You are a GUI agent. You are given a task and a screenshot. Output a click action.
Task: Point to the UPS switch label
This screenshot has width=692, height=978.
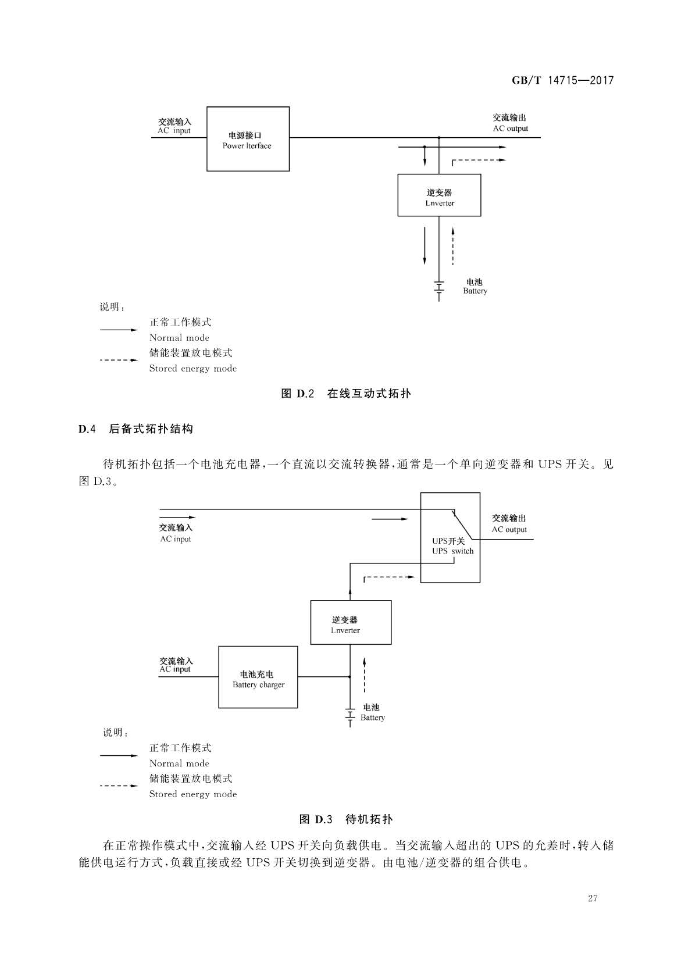point(453,546)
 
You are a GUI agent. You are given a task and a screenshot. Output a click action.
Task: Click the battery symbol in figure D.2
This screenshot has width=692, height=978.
point(439,291)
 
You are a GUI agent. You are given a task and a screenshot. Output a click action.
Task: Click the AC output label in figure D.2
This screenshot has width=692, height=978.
point(510,123)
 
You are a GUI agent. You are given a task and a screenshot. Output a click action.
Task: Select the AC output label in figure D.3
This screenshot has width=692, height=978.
point(509,523)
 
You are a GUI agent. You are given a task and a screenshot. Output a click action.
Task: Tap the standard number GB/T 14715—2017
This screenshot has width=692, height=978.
point(563,80)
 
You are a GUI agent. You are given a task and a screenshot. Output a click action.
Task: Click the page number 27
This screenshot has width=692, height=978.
point(593,898)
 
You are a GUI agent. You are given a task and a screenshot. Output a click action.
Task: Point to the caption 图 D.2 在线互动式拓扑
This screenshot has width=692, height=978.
point(346,394)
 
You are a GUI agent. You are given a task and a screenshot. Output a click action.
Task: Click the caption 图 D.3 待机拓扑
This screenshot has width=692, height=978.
point(346,819)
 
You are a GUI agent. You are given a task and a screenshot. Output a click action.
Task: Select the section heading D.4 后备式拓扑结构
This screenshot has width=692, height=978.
point(135,429)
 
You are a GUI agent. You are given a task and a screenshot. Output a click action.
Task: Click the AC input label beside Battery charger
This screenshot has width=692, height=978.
point(176,665)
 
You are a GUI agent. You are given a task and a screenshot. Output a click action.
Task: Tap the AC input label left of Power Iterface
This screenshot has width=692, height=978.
point(174,126)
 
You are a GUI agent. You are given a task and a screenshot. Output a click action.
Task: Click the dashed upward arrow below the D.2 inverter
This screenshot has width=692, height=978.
point(453,246)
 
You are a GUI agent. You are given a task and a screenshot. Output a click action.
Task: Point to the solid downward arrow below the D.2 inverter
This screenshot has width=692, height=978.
point(425,245)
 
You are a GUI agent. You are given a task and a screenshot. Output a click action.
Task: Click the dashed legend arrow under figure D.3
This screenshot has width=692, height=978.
point(119,786)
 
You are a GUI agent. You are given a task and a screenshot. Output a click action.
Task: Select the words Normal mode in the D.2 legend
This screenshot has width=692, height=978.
point(179,337)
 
